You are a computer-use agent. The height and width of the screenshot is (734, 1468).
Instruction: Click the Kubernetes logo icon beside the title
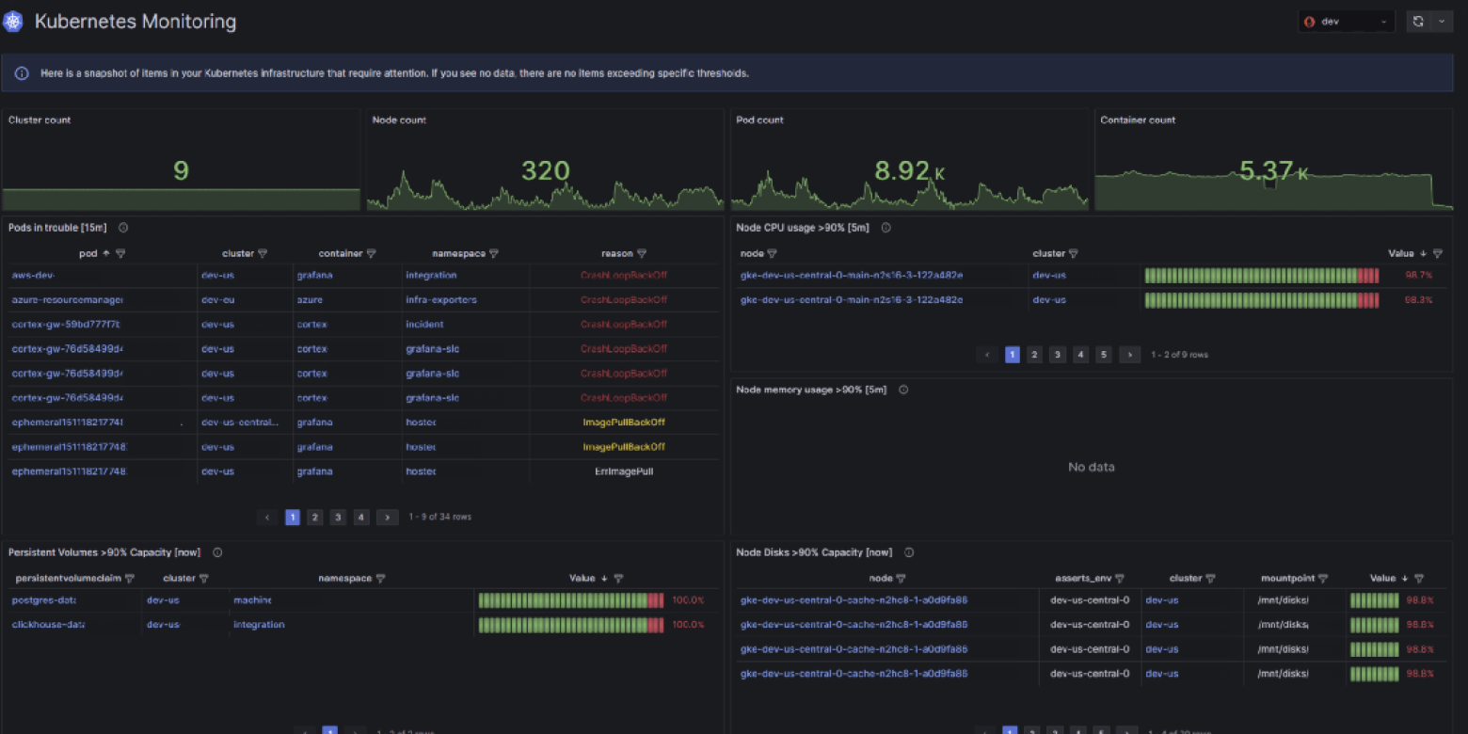pos(13,22)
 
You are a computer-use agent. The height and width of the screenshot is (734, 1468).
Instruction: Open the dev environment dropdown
pos(1347,22)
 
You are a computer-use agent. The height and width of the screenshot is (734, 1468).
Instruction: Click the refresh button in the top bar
pos(1418,22)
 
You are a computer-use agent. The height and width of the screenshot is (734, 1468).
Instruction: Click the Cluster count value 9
pos(181,170)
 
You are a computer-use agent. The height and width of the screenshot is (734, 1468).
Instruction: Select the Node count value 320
pos(545,170)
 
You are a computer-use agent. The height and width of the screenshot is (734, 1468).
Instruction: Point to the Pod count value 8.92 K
pos(909,170)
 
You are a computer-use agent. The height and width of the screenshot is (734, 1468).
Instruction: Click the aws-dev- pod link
pos(34,276)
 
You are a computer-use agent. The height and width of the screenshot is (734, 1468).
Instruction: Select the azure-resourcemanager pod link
pos(67,300)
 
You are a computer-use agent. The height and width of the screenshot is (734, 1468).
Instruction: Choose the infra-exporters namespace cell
pos(440,300)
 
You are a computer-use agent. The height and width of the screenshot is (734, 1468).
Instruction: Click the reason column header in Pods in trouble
pos(616,253)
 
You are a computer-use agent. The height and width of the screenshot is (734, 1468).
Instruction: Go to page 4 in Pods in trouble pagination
pos(360,518)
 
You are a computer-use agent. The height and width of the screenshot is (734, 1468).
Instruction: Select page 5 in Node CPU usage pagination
pos(1104,355)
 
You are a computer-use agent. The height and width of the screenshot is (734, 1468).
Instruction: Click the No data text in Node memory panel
pos(1091,467)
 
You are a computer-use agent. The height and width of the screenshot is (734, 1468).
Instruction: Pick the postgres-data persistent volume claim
pos(43,600)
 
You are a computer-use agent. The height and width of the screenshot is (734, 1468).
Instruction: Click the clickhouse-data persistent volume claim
pos(48,625)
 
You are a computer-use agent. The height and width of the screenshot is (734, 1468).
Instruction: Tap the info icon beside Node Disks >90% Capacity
pos(909,552)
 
